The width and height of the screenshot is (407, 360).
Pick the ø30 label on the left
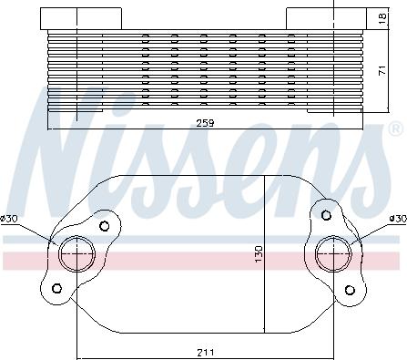tap(11, 219)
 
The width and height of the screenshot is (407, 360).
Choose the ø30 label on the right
tap(396, 219)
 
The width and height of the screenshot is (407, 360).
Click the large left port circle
tap(76, 252)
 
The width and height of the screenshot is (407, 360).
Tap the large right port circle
tap(330, 252)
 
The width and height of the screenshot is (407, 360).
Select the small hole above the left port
tap(105, 226)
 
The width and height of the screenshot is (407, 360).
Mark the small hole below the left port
tap(56, 289)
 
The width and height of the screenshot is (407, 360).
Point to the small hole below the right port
tap(349, 290)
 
